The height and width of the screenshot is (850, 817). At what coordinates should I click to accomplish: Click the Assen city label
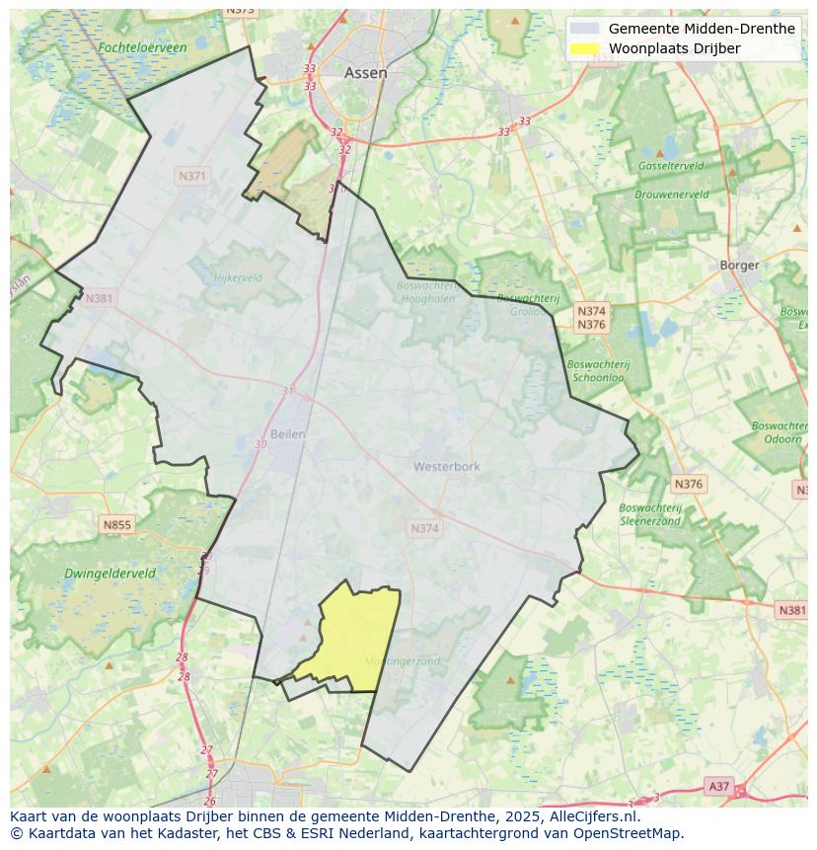[365, 73]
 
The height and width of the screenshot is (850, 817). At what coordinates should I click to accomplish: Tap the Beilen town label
[287, 433]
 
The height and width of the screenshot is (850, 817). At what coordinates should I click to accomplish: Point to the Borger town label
[739, 265]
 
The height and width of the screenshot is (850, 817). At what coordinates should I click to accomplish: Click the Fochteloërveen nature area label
[142, 47]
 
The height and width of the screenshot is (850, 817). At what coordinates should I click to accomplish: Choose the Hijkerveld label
[238, 278]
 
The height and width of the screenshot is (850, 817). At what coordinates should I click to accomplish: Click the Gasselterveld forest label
[670, 166]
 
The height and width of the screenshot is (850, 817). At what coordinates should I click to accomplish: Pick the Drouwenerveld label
[671, 194]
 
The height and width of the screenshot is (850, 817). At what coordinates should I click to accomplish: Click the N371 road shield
[192, 176]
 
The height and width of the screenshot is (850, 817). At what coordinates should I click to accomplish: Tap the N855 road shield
[116, 525]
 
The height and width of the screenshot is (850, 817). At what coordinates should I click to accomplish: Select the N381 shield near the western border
[99, 298]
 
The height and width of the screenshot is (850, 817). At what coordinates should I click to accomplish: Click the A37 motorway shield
[718, 786]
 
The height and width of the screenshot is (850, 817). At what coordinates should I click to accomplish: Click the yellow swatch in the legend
[585, 48]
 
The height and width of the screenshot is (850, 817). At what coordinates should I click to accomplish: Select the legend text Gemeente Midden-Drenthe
[701, 29]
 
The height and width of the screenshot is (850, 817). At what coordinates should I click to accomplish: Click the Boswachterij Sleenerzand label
[650, 514]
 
